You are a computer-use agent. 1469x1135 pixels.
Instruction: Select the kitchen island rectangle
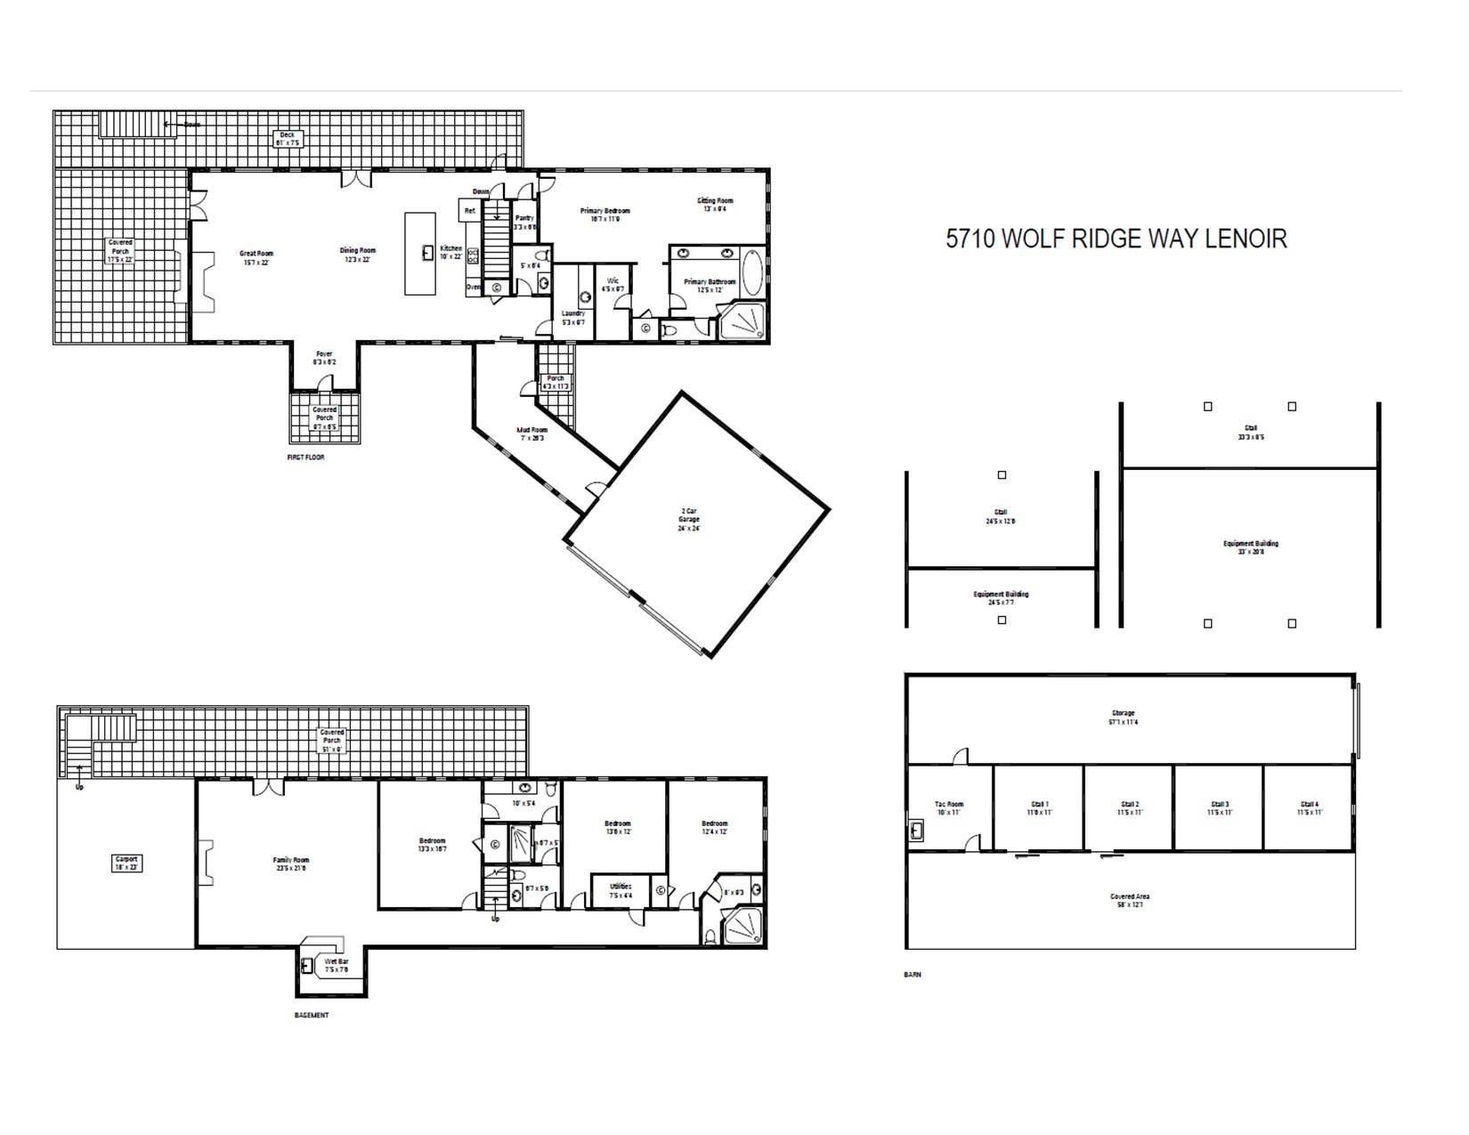[420, 253]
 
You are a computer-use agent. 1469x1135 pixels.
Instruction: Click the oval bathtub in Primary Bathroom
[752, 273]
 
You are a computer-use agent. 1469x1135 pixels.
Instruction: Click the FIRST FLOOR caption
[305, 458]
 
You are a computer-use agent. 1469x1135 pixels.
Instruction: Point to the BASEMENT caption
[312, 1015]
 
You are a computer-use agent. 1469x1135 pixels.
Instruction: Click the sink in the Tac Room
[918, 831]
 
